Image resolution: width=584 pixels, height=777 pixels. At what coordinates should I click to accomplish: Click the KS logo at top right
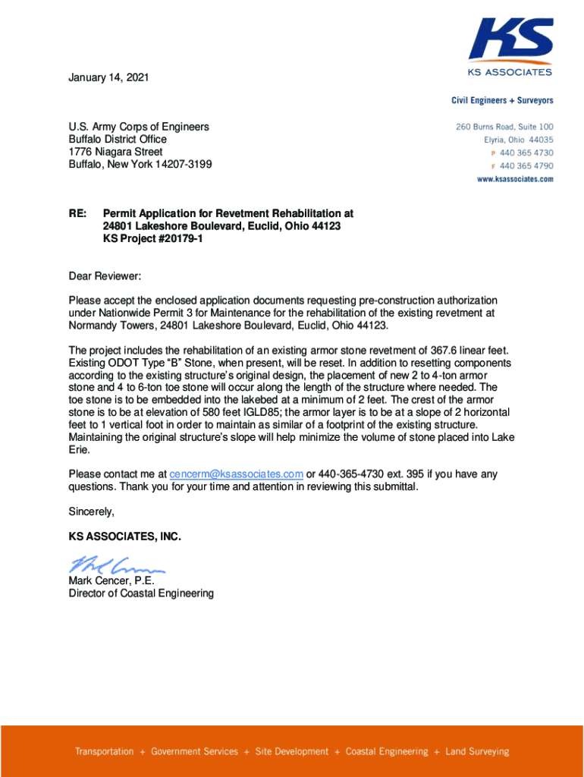tap(510, 42)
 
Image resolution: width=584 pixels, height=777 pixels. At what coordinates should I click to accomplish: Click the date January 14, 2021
tap(108, 77)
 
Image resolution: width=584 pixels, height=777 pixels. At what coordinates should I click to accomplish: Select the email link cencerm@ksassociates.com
tap(237, 474)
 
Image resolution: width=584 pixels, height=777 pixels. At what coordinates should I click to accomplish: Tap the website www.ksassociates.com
tap(514, 179)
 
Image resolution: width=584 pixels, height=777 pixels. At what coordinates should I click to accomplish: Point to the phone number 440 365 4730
tap(526, 153)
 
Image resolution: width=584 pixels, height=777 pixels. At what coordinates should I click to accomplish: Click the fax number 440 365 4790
tap(526, 166)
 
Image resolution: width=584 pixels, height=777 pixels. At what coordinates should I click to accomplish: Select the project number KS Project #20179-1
tap(152, 239)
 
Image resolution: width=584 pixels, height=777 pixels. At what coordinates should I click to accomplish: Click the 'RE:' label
tap(77, 214)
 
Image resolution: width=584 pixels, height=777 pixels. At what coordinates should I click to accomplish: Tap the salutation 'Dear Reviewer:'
tap(105, 276)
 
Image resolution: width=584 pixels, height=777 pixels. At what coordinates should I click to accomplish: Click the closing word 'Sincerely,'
tap(92, 511)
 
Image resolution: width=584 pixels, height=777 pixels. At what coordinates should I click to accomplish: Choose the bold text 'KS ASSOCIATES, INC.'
tap(125, 536)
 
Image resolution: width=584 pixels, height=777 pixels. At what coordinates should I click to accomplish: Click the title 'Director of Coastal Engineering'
tap(141, 593)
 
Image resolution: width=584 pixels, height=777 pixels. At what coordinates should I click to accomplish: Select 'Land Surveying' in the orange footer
tap(477, 752)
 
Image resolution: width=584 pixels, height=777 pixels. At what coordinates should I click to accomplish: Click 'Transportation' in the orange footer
tap(104, 752)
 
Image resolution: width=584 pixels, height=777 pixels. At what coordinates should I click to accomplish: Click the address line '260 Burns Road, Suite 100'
tap(504, 127)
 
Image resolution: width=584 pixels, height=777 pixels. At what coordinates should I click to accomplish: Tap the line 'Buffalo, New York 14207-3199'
tap(140, 164)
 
